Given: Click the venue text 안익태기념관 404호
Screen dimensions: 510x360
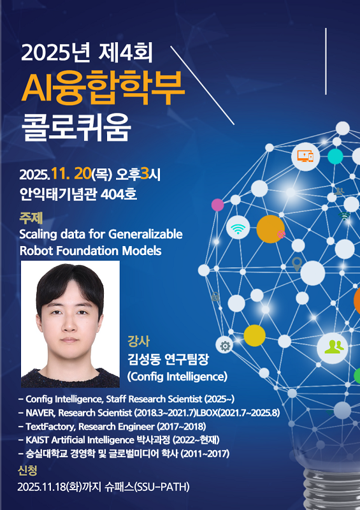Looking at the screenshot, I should [78, 193].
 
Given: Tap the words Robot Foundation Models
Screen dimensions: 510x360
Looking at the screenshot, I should [90, 251].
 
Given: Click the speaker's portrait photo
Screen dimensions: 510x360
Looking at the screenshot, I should [70, 323].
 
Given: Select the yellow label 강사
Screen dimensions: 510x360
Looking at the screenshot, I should [138, 339].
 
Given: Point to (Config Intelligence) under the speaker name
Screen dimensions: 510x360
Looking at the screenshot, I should [177, 375].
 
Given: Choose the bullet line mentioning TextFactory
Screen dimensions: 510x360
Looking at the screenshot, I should [112, 426].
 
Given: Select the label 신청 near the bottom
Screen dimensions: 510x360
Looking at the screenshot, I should [29, 471].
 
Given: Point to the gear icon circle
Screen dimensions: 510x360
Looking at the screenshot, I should [224, 346].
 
